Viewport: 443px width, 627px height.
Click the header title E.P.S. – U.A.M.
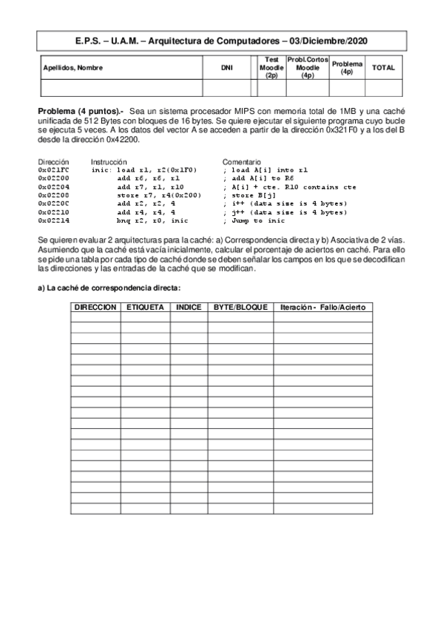(x=221, y=41)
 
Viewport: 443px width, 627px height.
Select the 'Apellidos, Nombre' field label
(x=73, y=68)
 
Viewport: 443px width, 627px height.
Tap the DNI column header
(x=226, y=68)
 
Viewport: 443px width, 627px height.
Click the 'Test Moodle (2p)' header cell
(x=271, y=67)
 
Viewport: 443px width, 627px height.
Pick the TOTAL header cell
(x=383, y=67)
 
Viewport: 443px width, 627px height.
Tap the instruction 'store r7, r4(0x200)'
(x=159, y=195)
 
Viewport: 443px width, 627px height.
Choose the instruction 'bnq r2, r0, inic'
(x=152, y=220)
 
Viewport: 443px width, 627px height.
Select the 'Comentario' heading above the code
(x=241, y=161)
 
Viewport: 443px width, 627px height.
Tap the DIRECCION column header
(x=95, y=307)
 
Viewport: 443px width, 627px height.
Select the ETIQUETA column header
(x=145, y=307)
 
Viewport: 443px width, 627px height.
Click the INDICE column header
(x=189, y=307)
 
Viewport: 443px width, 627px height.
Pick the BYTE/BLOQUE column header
(x=240, y=307)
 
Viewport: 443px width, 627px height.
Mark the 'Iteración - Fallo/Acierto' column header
(x=322, y=307)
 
